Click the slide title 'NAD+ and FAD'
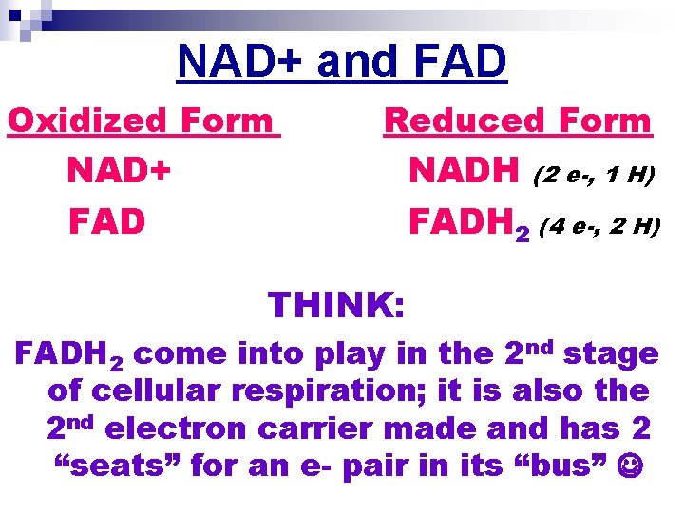pyautogui.click(x=342, y=62)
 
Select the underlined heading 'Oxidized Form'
pyautogui.click(x=142, y=121)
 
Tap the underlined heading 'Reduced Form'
pyautogui.click(x=518, y=121)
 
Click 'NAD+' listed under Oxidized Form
pyautogui.click(x=120, y=172)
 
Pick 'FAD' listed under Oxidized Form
pyautogui.click(x=106, y=221)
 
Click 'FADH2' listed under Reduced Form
pyautogui.click(x=468, y=223)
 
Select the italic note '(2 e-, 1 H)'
pyautogui.click(x=595, y=175)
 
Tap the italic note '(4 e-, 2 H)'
pyautogui.click(x=598, y=226)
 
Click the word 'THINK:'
pyautogui.click(x=337, y=305)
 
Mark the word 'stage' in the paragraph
pyautogui.click(x=611, y=354)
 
